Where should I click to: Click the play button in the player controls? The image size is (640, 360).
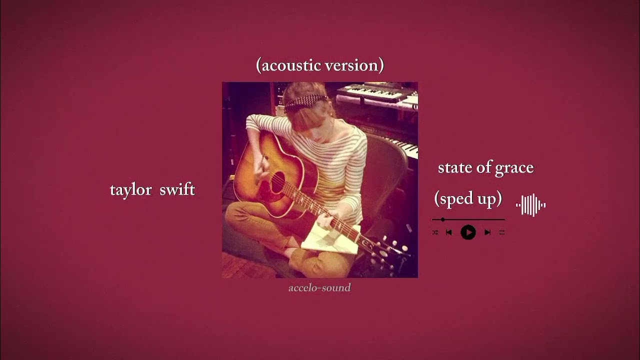pos(468,232)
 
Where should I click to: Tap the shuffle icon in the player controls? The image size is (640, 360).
pos(435,232)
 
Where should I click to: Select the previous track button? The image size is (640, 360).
pos(449,232)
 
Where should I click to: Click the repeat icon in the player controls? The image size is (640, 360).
pos(502,232)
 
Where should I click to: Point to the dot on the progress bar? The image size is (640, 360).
pos(443,219)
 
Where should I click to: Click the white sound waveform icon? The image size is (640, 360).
pos(530,205)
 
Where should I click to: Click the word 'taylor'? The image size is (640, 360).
pos(131,190)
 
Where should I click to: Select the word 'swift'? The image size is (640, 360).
pos(177,189)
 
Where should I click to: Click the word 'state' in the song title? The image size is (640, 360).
pos(455,168)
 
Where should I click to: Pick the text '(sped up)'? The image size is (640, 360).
pos(468,199)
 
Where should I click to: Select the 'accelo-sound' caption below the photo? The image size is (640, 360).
pos(319,288)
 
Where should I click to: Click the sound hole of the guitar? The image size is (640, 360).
pos(277,182)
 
